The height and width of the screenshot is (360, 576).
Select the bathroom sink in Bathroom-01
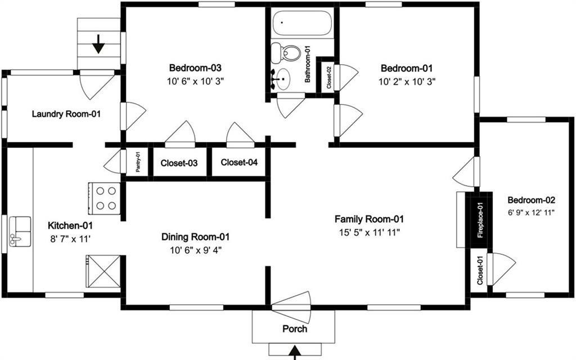pyautogui.click(x=283, y=79)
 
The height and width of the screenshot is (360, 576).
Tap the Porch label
pyautogui.click(x=295, y=328)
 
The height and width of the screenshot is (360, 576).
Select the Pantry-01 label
pyautogui.click(x=137, y=162)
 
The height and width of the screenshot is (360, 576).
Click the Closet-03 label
pyautogui.click(x=179, y=163)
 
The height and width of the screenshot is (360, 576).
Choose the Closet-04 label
pyautogui.click(x=239, y=163)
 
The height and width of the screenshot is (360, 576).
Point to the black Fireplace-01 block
pyautogui.click(x=480, y=220)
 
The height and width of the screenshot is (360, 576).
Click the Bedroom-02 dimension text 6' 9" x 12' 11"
pyautogui.click(x=531, y=212)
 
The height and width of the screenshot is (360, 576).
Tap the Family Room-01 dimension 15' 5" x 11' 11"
pyautogui.click(x=369, y=231)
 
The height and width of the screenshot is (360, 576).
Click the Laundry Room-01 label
pyautogui.click(x=66, y=114)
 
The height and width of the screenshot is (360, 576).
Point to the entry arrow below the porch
pyautogui.click(x=295, y=353)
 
